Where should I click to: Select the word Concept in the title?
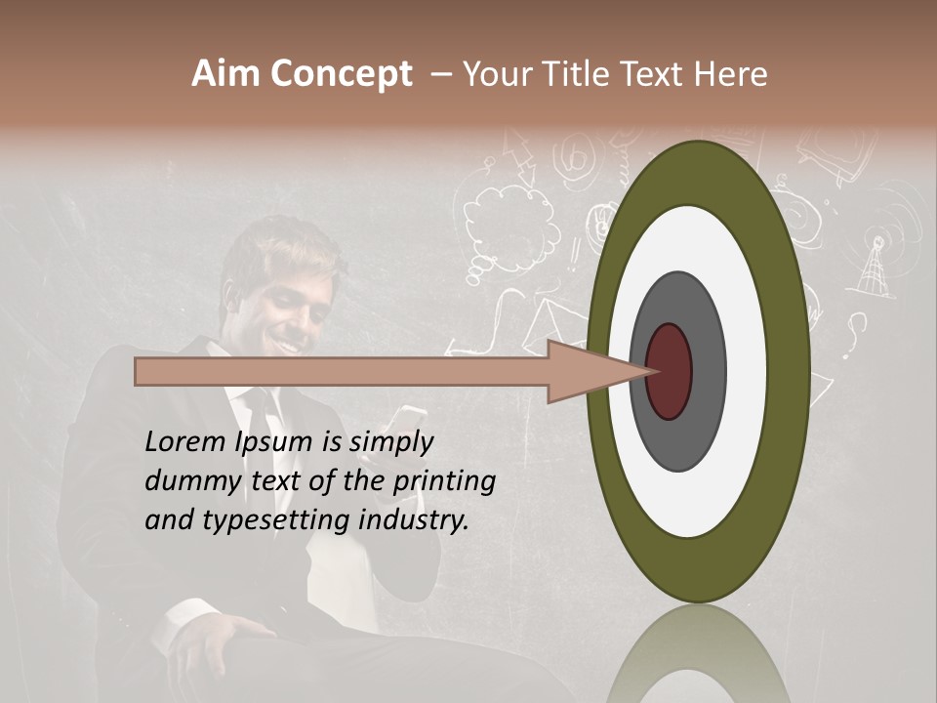pos(341,74)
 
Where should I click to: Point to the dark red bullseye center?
pos(670,371)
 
